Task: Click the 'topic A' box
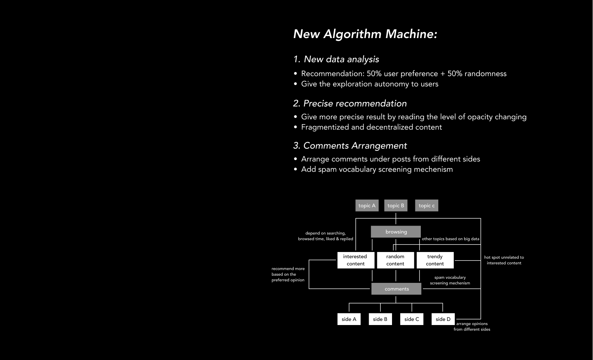(x=367, y=205)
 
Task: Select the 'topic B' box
(x=396, y=205)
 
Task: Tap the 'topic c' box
(x=427, y=205)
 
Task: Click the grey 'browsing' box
(x=396, y=232)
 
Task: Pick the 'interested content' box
(x=355, y=260)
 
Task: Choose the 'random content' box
(x=395, y=260)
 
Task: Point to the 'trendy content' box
(x=435, y=260)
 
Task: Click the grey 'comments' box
(x=396, y=289)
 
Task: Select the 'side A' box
(x=349, y=319)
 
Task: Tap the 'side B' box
(x=380, y=319)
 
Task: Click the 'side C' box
(x=412, y=319)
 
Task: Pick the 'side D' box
(x=443, y=319)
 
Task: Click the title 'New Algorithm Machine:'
(x=365, y=34)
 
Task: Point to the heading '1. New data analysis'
(x=336, y=59)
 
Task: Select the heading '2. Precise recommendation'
(x=350, y=104)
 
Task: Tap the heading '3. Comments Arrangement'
(x=350, y=146)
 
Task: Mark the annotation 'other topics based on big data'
(x=450, y=239)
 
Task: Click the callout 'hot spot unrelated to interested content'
(x=504, y=260)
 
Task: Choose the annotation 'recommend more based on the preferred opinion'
(x=288, y=274)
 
